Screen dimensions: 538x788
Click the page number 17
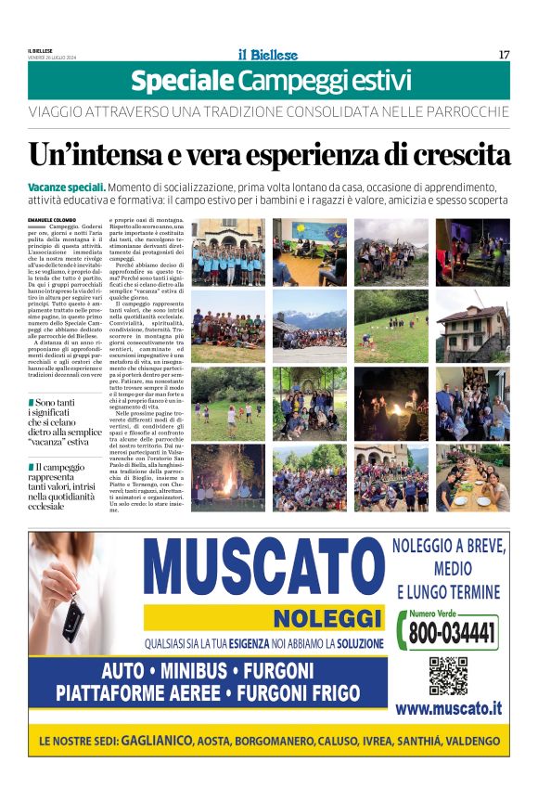click(504, 55)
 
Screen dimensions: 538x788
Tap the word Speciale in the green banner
click(181, 82)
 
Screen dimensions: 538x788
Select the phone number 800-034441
click(453, 635)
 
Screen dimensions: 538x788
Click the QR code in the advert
click(448, 676)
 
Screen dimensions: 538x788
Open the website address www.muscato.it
click(449, 708)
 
